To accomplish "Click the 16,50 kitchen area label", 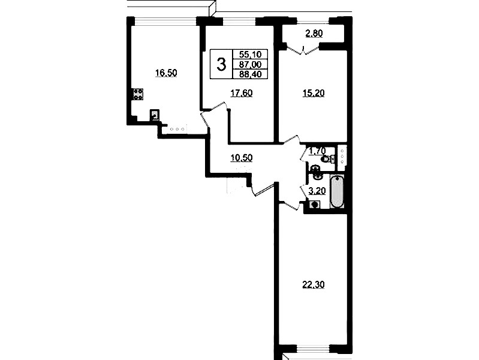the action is (x=166, y=73).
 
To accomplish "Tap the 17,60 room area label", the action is (x=242, y=93).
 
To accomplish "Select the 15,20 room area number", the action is (x=314, y=93).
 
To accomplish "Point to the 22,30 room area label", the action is (x=314, y=285).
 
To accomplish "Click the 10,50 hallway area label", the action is (x=242, y=158).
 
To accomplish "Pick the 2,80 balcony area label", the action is (x=314, y=34).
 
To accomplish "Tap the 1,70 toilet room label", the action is (x=317, y=151).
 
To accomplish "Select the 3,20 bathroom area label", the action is (x=317, y=191).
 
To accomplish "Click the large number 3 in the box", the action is (x=221, y=65).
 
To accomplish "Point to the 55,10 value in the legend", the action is (x=251, y=55).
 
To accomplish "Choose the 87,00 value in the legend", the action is (x=251, y=64).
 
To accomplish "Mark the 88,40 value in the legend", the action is (x=251, y=74).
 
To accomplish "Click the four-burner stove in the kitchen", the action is (x=137, y=94).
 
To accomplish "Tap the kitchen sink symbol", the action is (x=155, y=115).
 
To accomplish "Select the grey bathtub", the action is (x=338, y=191).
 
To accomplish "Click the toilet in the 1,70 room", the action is (x=327, y=159).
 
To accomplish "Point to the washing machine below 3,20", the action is (x=314, y=205).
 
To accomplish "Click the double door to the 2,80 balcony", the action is (x=303, y=50).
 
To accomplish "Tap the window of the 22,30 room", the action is (x=313, y=348).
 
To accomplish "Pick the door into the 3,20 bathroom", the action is (x=303, y=192).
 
